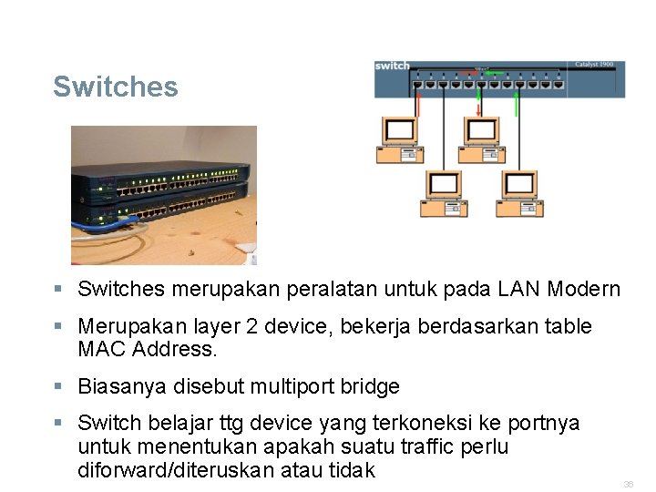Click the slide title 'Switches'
[115, 87]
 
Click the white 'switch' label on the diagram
[393, 67]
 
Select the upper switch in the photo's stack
[164, 183]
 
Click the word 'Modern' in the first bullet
[584, 290]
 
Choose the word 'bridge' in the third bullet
[370, 387]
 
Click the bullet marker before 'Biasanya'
[58, 386]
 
